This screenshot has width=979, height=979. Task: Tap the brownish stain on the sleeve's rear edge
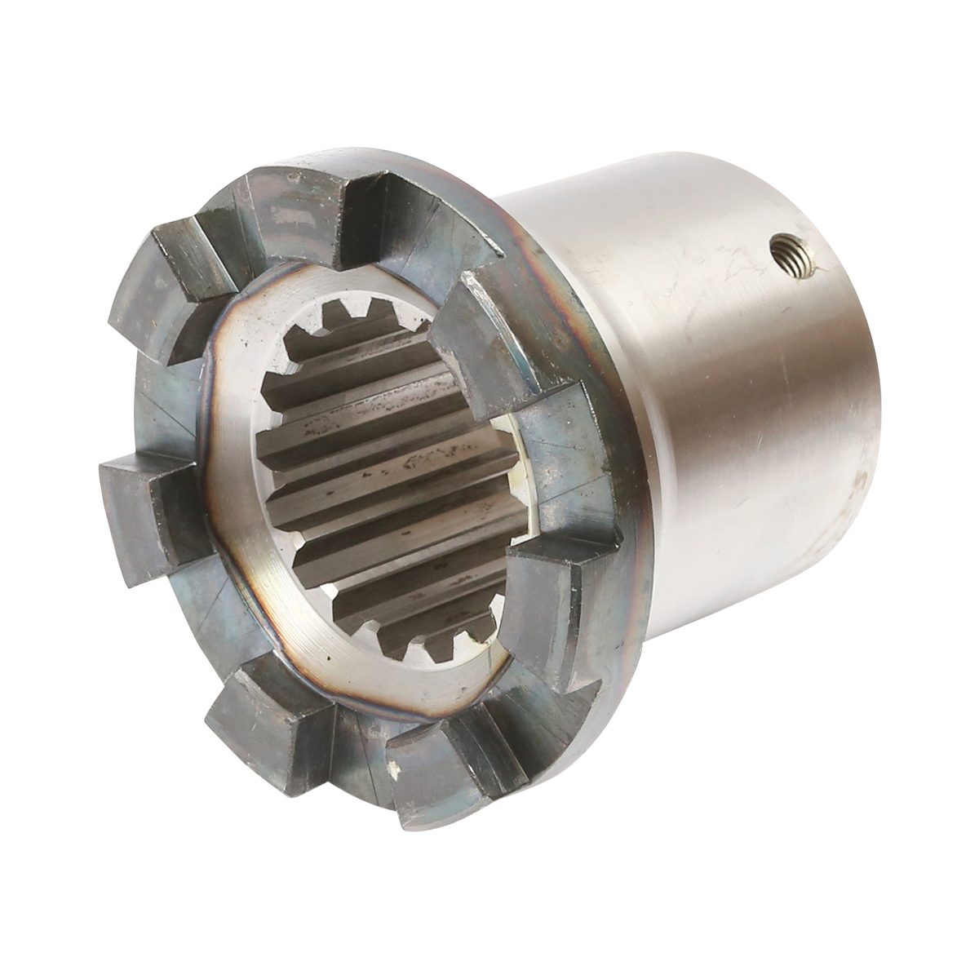pyautogui.click(x=857, y=481)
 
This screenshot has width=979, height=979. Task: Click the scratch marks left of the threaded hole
pyautogui.click(x=718, y=269)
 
